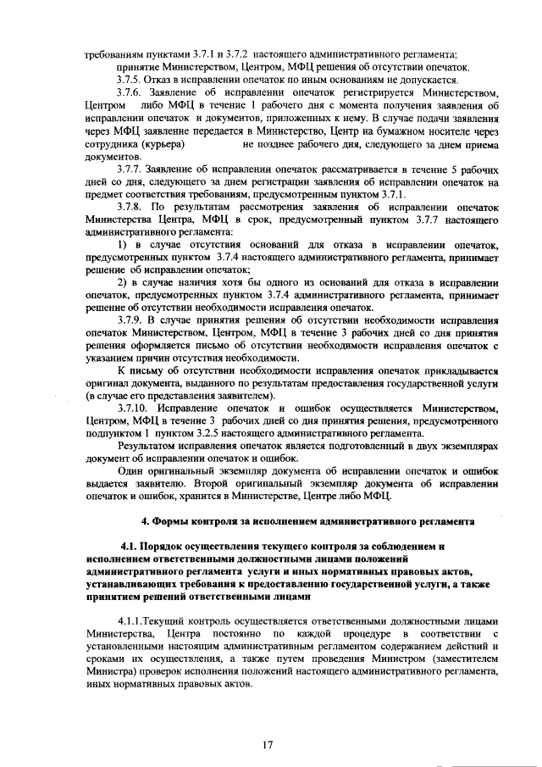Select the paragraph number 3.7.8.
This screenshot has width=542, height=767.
(131, 206)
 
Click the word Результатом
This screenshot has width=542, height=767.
(151, 445)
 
